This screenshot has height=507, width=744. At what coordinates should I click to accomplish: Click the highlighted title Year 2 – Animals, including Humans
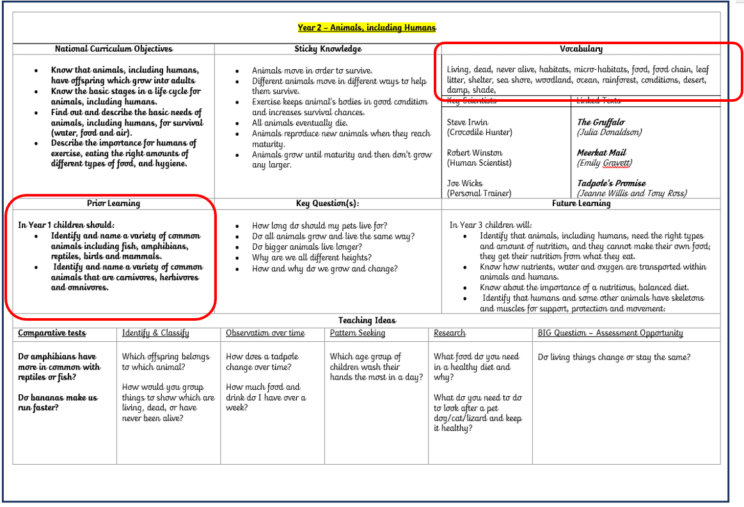coord(367,28)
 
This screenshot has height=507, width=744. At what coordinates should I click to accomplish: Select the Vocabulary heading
coord(581,49)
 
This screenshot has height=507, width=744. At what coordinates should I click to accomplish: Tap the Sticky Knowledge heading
coord(328,49)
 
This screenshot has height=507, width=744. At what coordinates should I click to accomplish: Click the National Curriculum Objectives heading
coord(114,49)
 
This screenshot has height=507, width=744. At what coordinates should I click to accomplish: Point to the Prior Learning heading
coord(113,204)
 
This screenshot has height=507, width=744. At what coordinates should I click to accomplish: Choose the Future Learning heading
coord(581,204)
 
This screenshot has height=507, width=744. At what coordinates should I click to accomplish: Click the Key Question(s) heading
coord(328,204)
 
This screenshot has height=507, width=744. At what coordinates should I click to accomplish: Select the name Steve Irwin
coord(468,122)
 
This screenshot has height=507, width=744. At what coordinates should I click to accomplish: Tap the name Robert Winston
coord(475,152)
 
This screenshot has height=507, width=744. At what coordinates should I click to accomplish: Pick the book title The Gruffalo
coord(601,122)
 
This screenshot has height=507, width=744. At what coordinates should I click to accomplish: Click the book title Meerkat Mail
coord(601,152)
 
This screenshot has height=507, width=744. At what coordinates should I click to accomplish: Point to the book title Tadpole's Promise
coord(612,183)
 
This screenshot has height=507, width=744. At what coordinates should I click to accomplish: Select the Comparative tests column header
coord(52,333)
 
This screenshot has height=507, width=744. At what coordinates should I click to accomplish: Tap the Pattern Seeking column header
coord(358,333)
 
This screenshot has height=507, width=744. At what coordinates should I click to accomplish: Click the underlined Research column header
coord(450,333)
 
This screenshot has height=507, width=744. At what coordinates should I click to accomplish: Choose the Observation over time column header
coord(265,333)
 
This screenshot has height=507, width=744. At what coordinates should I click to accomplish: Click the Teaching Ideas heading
coord(367,320)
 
